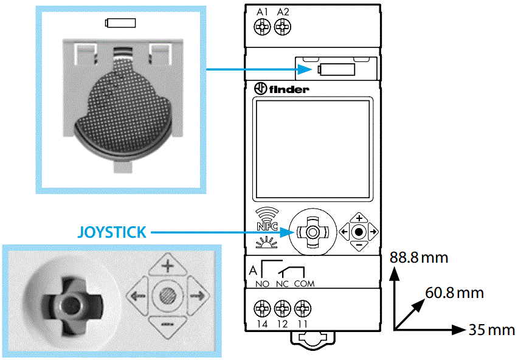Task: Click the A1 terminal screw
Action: click(263, 26)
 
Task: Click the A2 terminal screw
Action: click(282, 26)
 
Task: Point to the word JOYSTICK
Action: click(112, 232)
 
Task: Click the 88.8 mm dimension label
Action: click(419, 258)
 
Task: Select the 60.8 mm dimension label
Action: click(454, 293)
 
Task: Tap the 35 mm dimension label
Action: click(491, 330)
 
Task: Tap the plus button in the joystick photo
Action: click(166, 266)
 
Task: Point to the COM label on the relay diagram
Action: click(304, 283)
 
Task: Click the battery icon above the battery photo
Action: click(120, 24)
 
